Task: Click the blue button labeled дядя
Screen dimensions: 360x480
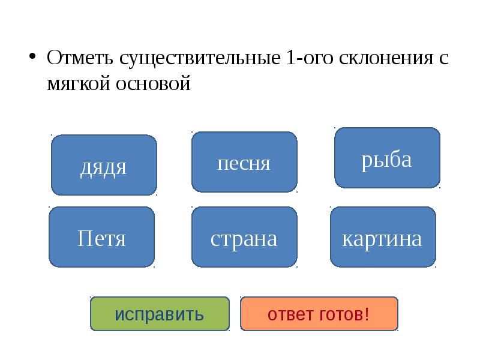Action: [104, 165]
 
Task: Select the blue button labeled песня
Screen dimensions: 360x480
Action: [244, 162]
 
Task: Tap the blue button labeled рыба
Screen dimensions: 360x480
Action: [387, 158]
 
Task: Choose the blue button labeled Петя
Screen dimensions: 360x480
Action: [101, 238]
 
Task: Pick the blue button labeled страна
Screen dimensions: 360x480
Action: [244, 238]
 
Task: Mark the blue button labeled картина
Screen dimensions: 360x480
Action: [383, 238]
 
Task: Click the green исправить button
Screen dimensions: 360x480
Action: [160, 314]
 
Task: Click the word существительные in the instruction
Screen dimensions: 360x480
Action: [199, 59]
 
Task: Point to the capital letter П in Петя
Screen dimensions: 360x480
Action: [84, 238]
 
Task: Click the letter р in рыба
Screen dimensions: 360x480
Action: [366, 160]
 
